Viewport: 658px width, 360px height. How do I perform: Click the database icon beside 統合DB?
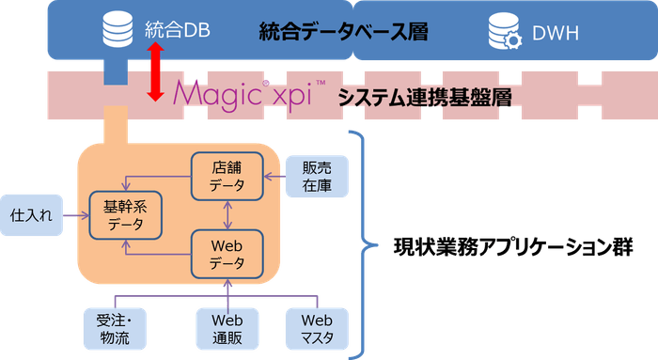pyautogui.click(x=117, y=31)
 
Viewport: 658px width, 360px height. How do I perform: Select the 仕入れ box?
pyautogui.click(x=29, y=215)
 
